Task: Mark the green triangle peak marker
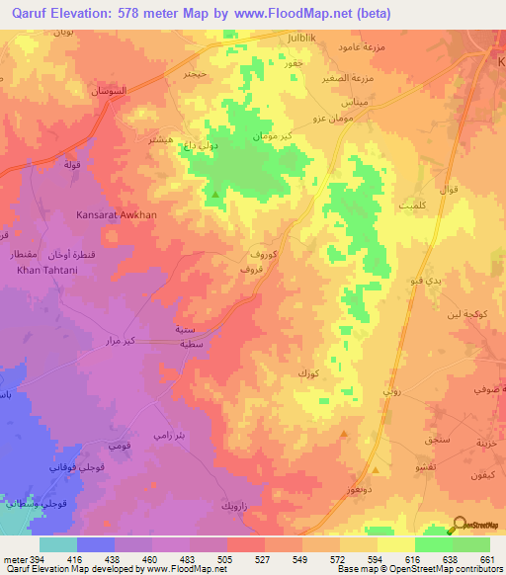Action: pyautogui.click(x=215, y=195)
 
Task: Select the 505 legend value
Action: pyautogui.click(x=224, y=559)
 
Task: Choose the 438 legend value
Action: pyautogui.click(x=113, y=559)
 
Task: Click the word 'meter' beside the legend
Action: pyautogui.click(x=14, y=559)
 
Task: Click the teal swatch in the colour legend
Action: pyautogui.click(x=58, y=544)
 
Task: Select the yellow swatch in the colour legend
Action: pyautogui.click(x=395, y=544)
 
